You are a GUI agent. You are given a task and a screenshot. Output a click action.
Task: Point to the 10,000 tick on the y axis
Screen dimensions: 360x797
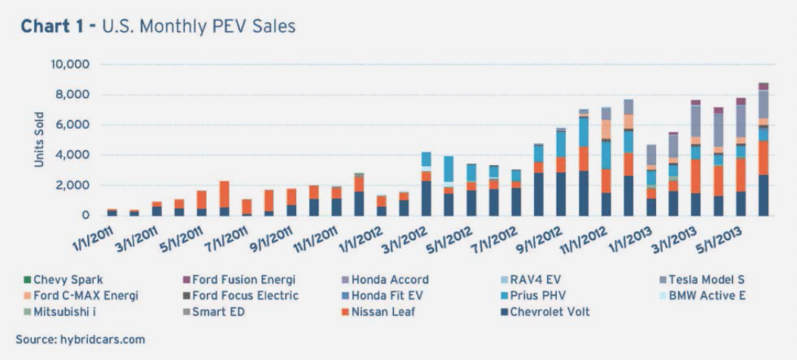point(68,64)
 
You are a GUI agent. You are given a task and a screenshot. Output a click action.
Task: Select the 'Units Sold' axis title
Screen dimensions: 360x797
point(39,139)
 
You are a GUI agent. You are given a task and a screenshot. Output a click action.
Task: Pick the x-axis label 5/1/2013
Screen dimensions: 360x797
point(720,233)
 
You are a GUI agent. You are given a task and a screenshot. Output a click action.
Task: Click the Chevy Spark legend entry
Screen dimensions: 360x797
point(64,280)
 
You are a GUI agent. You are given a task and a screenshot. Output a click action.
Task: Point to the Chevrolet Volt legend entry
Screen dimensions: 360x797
point(548,311)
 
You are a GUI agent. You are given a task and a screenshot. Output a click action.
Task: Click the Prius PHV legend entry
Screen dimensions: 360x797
point(539,296)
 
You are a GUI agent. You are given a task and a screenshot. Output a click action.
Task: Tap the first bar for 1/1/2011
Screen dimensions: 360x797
point(112,213)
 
